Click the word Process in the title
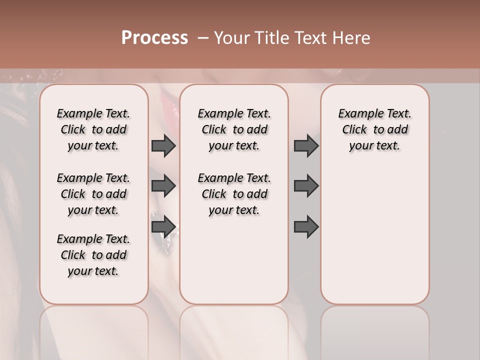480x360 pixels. pos(154,38)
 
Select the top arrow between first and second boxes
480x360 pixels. pos(163,146)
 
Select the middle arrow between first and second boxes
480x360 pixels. pos(163,186)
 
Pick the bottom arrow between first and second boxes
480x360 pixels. pos(163,226)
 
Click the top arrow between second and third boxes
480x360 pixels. pos(306,146)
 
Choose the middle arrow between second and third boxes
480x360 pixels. pos(306,186)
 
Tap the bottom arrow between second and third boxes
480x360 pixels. pos(306,226)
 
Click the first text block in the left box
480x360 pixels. pos(93,129)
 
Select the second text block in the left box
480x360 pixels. pos(93,194)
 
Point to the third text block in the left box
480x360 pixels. pos(93,255)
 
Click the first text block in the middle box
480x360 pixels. pos(234,129)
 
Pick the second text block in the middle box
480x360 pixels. pos(234,194)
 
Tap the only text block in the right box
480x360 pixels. pos(374,129)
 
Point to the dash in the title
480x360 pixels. pos(202,38)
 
